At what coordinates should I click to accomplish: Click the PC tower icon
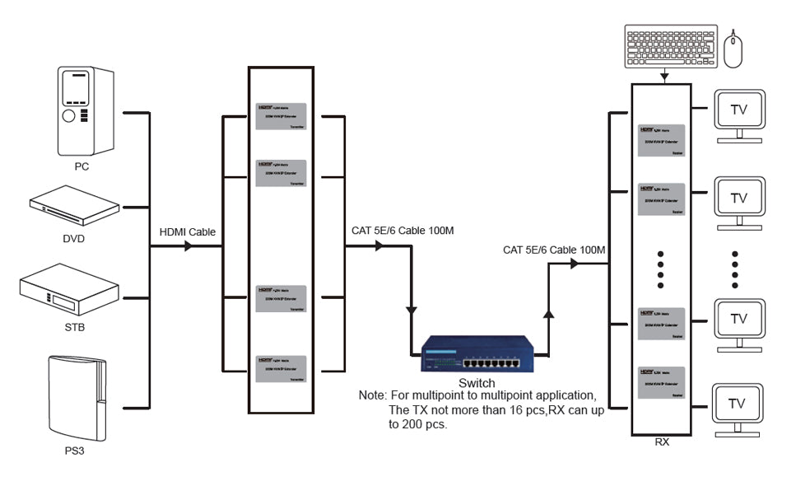86,111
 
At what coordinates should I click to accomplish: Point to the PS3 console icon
77,400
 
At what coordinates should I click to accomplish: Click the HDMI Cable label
187,232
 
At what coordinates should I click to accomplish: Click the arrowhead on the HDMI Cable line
189,245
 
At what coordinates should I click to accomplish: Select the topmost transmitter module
281,116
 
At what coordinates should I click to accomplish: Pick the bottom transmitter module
281,367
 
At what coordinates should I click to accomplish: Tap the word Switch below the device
477,383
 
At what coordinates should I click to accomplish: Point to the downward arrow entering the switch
411,311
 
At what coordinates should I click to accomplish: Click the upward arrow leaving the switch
548,313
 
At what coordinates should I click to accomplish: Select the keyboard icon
670,47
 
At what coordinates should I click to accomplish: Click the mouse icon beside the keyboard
733,49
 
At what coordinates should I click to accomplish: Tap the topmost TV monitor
738,110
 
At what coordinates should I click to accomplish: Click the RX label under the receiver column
662,442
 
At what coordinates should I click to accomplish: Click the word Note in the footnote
372,395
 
